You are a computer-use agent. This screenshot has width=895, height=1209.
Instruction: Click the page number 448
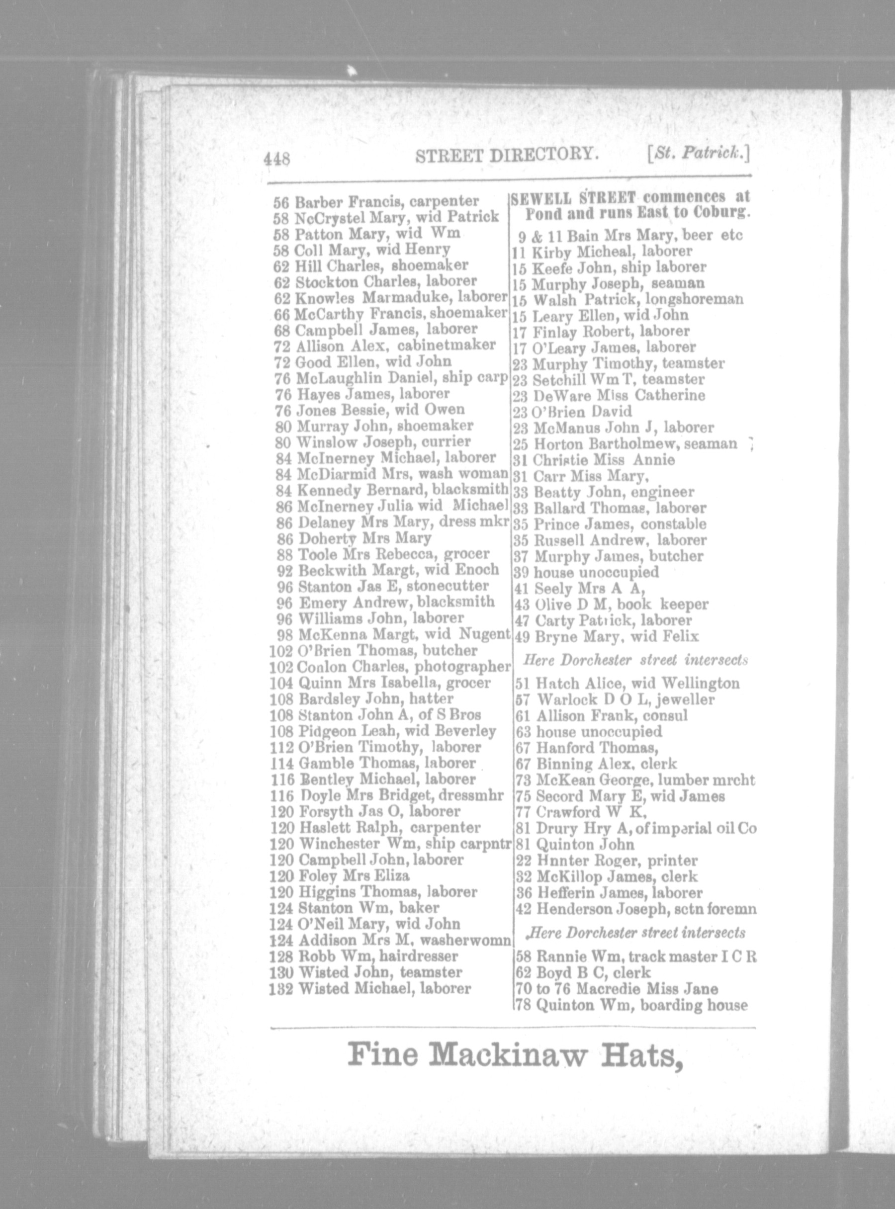[277, 159]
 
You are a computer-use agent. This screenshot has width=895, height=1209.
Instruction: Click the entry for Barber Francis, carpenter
[376, 202]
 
